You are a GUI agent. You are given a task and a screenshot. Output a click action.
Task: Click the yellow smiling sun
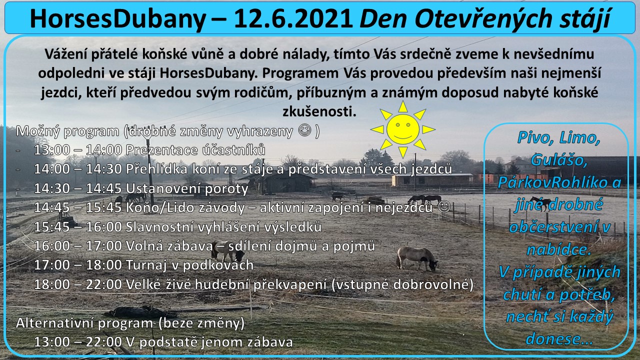403,129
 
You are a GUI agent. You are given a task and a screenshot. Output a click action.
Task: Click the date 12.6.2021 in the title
293,19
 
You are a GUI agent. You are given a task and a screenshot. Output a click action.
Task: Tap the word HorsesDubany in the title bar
117,19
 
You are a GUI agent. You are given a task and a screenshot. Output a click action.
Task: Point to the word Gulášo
559,160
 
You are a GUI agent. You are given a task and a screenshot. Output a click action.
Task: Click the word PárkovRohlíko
552,182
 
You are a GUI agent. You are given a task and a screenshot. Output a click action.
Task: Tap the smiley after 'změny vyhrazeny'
304,130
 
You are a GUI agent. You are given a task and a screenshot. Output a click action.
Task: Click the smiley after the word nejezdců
444,206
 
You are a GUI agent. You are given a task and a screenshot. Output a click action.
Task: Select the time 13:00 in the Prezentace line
51,149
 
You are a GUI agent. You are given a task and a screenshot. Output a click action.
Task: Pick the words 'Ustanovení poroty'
187,188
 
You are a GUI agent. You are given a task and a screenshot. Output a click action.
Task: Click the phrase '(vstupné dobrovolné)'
402,284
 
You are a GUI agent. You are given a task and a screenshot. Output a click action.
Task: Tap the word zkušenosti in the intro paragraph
319,111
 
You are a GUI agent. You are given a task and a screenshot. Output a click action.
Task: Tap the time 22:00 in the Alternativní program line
104,342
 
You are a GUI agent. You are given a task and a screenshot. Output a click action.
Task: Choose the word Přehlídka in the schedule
156,169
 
